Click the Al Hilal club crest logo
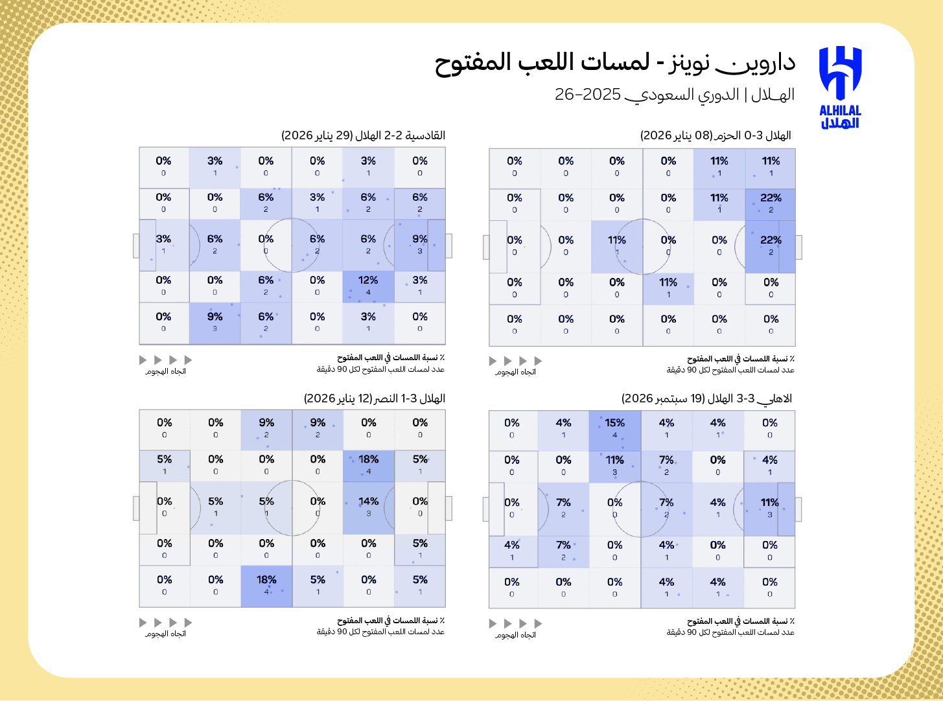[840, 71]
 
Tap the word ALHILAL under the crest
[840, 111]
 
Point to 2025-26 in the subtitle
[587, 95]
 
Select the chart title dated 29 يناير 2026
[363, 135]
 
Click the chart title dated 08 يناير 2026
[716, 135]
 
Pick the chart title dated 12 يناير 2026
[375, 398]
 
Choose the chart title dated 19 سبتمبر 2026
[706, 398]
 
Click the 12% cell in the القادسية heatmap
[368, 286]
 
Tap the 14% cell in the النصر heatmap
[369, 507]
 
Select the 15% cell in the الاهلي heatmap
[615, 429]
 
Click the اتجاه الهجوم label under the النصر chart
[165, 634]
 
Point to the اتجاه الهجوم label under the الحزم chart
[515, 372]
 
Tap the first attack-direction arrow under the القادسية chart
[143, 360]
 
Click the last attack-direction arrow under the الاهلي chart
[538, 623]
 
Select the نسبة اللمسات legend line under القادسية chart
[390, 358]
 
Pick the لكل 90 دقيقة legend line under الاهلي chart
[730, 632]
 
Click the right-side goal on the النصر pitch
[448, 508]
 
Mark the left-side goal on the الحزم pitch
[486, 247]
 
